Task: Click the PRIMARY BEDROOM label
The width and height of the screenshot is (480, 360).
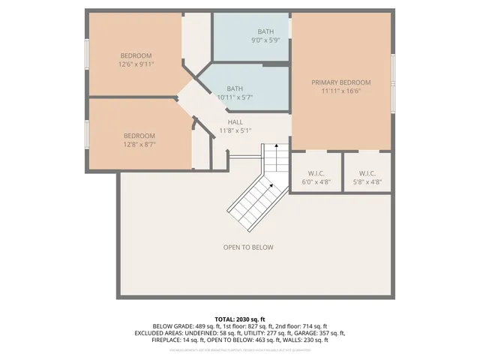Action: point(341,82)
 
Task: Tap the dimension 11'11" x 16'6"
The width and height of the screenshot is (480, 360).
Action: point(341,91)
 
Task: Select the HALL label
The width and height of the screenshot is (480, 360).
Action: point(235,121)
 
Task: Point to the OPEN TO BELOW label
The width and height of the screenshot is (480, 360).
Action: point(248,247)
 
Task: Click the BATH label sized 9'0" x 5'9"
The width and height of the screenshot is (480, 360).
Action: point(266,31)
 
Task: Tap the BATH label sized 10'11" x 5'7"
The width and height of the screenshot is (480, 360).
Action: point(235,88)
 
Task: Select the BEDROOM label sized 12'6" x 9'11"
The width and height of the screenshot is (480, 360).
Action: point(136,55)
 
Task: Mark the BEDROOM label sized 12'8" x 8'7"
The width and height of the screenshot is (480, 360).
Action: point(139,136)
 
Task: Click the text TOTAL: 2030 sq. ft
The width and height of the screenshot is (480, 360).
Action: point(240,319)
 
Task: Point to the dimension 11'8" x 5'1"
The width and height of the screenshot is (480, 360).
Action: point(234,130)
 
